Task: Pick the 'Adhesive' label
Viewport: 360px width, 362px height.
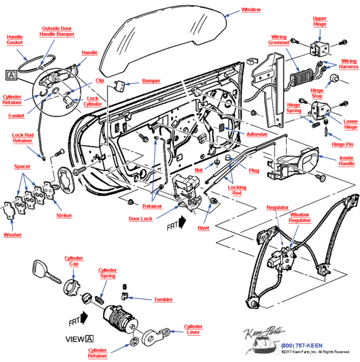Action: click(x=257, y=135)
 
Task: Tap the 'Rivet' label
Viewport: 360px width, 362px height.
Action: click(x=203, y=228)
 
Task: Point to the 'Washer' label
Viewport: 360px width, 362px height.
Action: click(x=13, y=234)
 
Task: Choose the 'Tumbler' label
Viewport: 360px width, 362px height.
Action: click(x=163, y=299)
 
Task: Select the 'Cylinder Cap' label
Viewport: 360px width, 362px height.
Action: click(x=74, y=261)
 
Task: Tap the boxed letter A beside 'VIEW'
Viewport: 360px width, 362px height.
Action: click(x=89, y=339)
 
